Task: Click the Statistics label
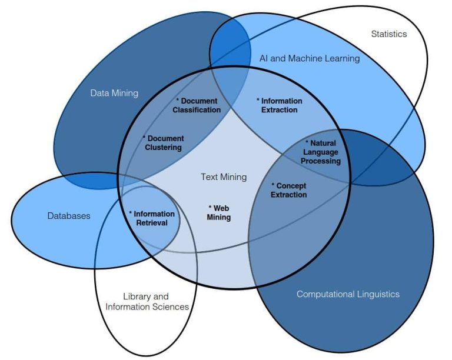[389, 34]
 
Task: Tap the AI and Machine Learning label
[310, 58]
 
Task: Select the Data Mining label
[114, 93]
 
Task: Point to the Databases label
[69, 216]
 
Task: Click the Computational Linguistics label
[348, 294]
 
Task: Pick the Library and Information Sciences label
[147, 302]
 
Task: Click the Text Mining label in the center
[224, 177]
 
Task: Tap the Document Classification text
[197, 105]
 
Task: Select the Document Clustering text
[164, 143]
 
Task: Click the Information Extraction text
[280, 105]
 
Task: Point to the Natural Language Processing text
[321, 152]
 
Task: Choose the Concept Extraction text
[288, 190]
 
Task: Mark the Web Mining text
[219, 212]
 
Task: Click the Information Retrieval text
[152, 218]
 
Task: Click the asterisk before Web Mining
[210, 207]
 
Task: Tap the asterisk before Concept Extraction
[273, 185]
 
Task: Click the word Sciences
[171, 306]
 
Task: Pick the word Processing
[321, 161]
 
